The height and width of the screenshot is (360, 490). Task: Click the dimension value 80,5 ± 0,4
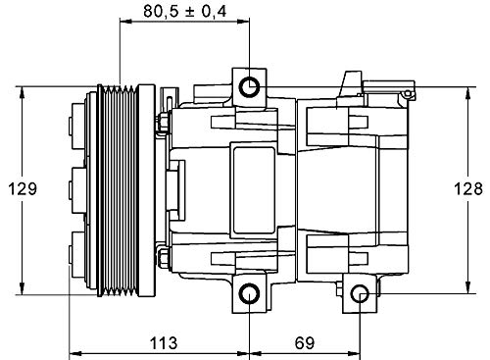tap(183, 12)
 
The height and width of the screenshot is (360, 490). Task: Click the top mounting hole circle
tap(251, 85)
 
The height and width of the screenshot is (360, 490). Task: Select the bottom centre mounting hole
tap(251, 293)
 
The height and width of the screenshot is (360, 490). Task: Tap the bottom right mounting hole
tap(360, 293)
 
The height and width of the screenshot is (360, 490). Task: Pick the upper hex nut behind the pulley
tap(162, 121)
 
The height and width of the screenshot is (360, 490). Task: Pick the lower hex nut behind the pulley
tap(162, 258)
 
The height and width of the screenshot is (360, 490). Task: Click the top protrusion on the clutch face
tap(74, 128)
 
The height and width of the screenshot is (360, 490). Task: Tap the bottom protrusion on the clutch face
tap(74, 246)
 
